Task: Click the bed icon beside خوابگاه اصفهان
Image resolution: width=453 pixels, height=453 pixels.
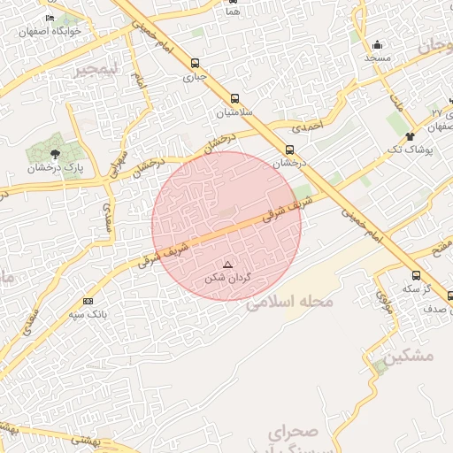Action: point(50,18)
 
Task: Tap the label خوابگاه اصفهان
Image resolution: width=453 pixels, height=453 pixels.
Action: point(56,30)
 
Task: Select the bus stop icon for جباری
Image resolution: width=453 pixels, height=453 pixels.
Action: point(195,63)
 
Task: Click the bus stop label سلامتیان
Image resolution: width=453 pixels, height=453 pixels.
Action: point(234,113)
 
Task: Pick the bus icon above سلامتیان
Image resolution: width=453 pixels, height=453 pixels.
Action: point(234,99)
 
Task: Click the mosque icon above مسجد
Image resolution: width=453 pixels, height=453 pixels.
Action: point(378,44)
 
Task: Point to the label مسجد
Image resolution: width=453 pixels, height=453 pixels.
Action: point(378,58)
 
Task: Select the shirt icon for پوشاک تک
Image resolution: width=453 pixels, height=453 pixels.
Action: point(410,136)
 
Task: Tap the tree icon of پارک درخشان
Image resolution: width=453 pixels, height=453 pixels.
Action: point(55,154)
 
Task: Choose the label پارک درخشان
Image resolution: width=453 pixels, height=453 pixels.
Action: point(53,167)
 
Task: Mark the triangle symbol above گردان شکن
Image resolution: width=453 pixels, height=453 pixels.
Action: point(227,265)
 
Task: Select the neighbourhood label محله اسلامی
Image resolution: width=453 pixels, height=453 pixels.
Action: point(289,303)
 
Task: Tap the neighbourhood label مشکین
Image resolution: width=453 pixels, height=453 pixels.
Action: point(411,355)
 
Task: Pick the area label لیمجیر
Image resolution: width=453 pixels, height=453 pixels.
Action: point(95,68)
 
